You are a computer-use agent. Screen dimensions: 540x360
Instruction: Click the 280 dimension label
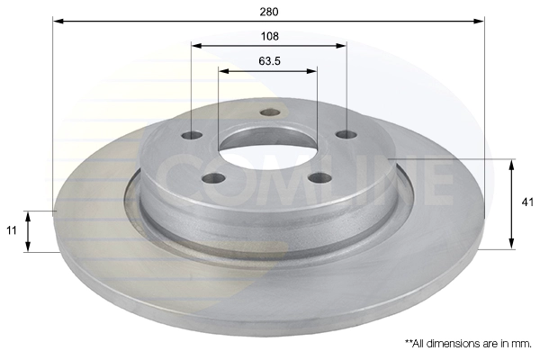[269, 12]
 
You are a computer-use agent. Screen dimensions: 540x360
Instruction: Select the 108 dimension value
[270, 36]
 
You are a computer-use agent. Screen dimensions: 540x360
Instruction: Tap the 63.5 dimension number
[270, 61]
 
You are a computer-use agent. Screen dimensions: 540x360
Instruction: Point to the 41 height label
[527, 202]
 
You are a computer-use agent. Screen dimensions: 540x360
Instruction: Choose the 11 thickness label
[12, 230]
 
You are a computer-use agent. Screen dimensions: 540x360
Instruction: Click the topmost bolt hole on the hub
[270, 112]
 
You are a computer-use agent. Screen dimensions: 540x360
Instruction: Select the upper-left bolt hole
[192, 135]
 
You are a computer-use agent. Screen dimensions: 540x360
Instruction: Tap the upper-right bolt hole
[346, 134]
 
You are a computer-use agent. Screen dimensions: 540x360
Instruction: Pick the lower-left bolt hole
[214, 178]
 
